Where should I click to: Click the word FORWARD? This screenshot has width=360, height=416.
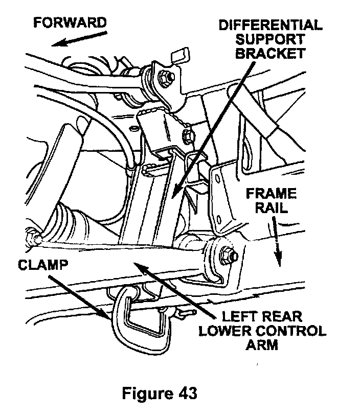[70, 23]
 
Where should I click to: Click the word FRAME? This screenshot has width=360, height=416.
[271, 194]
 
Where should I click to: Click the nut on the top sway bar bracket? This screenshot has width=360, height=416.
[165, 77]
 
